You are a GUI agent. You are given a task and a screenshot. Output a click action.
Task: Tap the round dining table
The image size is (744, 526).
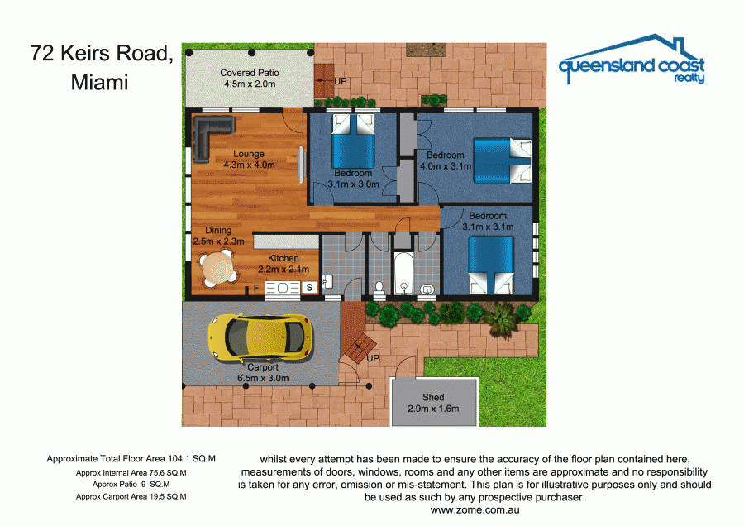point(217,268)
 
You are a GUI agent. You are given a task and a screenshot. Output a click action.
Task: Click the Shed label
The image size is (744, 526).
point(433,397)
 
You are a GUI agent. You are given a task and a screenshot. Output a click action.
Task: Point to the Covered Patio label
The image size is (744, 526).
point(250,73)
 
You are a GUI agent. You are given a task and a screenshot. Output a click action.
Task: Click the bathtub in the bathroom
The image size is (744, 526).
point(403,274)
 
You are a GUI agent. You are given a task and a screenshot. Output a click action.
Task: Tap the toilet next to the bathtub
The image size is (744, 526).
point(379,290)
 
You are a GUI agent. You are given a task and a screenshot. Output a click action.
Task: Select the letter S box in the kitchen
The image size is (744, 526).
point(309,287)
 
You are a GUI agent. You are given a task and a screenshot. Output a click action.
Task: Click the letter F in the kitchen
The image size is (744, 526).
point(256,288)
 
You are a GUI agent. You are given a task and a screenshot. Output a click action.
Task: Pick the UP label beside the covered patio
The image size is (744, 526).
point(341,81)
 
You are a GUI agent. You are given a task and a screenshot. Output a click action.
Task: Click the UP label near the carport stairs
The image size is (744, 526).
point(373,358)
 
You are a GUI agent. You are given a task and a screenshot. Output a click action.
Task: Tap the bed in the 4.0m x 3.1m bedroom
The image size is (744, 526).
point(503,161)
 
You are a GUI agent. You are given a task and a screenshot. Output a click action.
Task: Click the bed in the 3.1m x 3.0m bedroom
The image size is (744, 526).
point(354,141)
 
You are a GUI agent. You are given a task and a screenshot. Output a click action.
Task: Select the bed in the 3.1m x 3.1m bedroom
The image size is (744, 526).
point(491,265)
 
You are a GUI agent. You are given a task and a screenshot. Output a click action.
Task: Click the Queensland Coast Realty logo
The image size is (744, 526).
point(632,60)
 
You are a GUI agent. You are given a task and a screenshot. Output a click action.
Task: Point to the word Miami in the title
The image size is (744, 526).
point(100,82)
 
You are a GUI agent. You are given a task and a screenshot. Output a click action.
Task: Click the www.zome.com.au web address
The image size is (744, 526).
point(475,510)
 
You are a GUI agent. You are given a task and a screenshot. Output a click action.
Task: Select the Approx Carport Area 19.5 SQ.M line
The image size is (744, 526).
point(131,496)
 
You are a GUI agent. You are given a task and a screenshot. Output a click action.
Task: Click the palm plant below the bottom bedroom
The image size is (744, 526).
point(501,319)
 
